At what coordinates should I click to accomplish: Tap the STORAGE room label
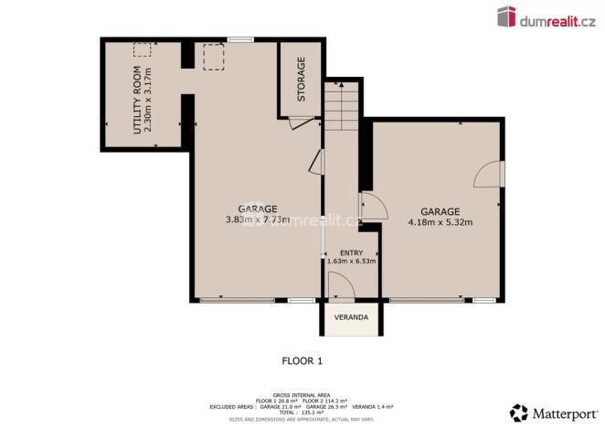point(301,80)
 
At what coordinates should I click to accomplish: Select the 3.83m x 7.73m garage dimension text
point(257,219)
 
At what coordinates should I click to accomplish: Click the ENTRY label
point(351,252)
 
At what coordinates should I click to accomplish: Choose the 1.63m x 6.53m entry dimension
point(351,262)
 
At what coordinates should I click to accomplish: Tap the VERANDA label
point(350,317)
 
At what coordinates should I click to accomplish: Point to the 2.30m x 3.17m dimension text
point(149,101)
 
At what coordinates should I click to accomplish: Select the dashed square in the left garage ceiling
point(214,58)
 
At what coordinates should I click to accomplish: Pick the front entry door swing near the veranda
point(340,288)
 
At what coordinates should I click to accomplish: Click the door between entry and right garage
point(369,205)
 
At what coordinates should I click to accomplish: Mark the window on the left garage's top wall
point(241,39)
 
